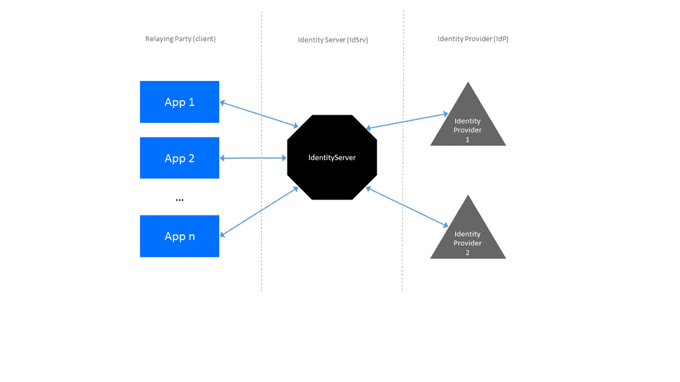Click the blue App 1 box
[x=179, y=102]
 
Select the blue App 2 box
[x=179, y=158]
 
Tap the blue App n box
[x=179, y=236]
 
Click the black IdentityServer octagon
[x=332, y=157]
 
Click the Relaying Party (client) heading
[x=180, y=39]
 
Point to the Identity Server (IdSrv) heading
[x=333, y=40]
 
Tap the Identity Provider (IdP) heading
[x=473, y=39]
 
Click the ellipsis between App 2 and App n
[x=179, y=200]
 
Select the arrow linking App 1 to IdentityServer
[x=259, y=113]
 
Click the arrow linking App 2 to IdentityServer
[x=253, y=158]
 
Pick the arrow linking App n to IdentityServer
[x=259, y=211]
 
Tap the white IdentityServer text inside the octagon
[x=332, y=157]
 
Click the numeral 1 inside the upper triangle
[x=467, y=140]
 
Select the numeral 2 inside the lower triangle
[x=467, y=253]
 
